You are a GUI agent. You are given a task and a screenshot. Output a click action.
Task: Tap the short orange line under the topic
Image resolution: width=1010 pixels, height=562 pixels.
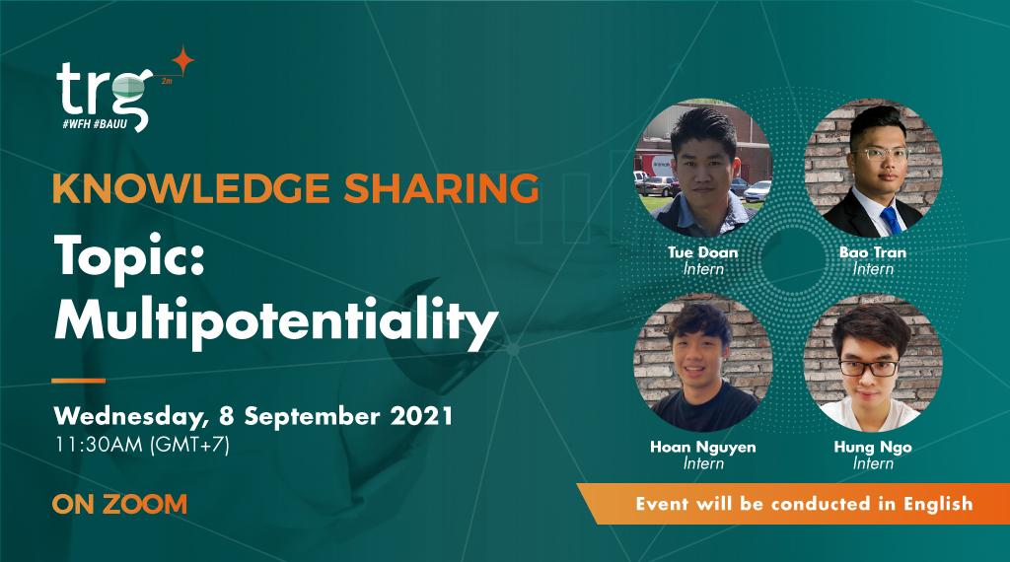[x=78, y=381]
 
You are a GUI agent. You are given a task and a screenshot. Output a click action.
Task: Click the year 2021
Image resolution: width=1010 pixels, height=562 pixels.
[x=418, y=414]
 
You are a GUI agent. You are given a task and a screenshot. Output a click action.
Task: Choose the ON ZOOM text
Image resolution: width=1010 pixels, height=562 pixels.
[x=119, y=504]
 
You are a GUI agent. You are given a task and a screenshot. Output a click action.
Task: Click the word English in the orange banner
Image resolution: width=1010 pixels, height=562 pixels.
[x=932, y=503]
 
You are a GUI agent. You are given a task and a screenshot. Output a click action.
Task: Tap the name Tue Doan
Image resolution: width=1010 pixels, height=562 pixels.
[x=702, y=252]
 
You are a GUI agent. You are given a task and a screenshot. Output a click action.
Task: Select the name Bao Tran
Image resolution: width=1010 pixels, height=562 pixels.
[x=872, y=252]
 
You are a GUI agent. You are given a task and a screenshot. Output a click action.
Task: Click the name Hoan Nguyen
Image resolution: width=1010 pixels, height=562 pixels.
[x=702, y=447]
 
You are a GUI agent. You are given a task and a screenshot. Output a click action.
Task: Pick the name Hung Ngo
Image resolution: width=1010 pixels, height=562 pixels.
[x=872, y=447]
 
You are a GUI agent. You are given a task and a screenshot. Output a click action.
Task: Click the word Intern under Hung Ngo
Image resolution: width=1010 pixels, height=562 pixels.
[x=873, y=462]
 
